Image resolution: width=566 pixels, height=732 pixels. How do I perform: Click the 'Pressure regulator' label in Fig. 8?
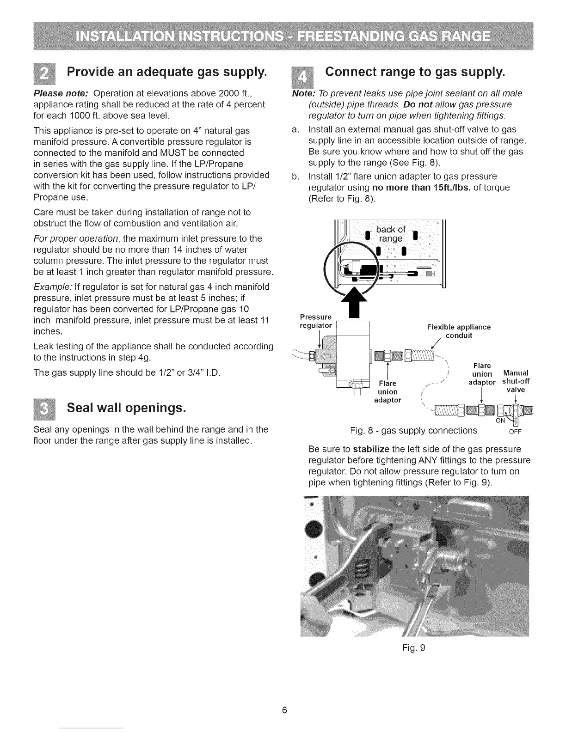tap(316, 321)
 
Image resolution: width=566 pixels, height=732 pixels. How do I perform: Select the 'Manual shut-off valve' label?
tap(516, 381)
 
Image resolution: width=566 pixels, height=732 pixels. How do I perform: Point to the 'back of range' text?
tap(391, 234)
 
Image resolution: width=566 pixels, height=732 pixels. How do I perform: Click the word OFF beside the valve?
tap(515, 433)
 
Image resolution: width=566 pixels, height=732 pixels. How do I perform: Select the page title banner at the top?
tap(283, 36)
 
